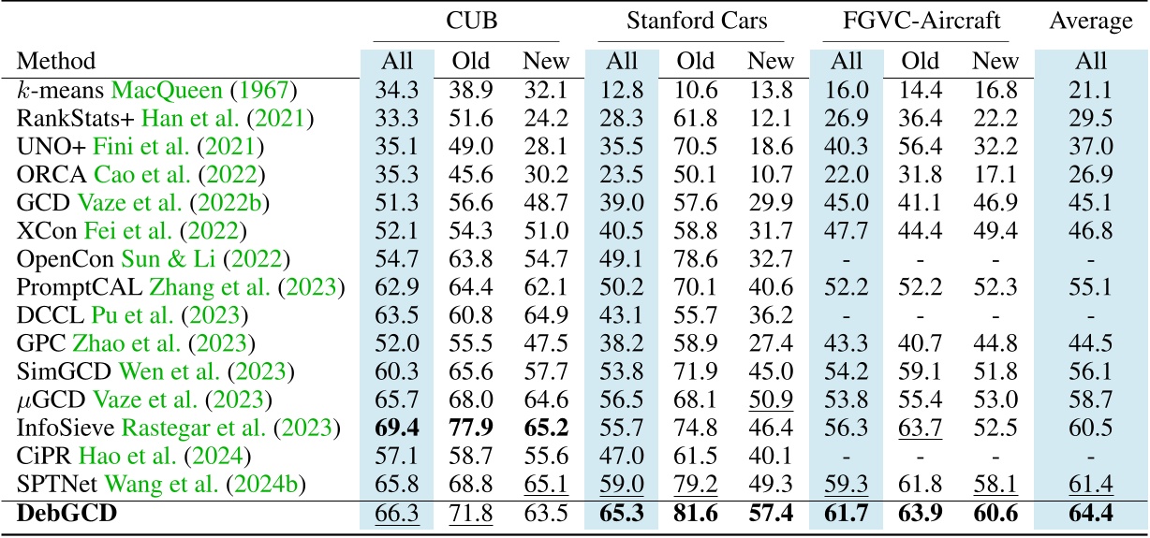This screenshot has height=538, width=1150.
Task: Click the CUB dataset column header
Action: (x=465, y=19)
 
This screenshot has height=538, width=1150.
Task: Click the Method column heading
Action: (x=55, y=63)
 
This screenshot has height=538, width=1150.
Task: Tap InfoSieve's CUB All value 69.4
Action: (x=396, y=428)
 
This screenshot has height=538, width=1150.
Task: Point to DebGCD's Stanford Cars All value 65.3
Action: (x=619, y=513)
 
